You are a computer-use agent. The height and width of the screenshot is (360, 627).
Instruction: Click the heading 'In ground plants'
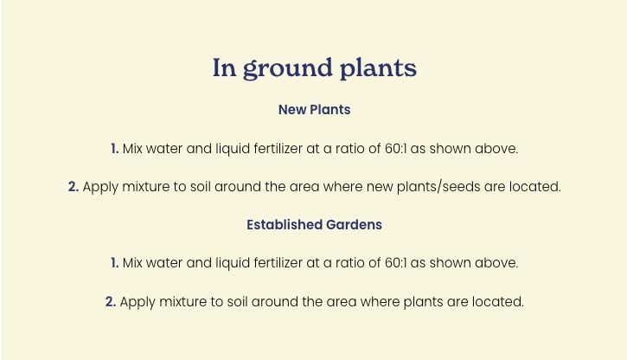(314, 68)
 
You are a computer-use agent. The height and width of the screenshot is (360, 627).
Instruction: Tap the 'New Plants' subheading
(314, 110)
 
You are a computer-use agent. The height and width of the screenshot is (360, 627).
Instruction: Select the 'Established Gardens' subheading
(314, 224)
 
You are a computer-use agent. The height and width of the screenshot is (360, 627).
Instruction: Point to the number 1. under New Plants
(114, 149)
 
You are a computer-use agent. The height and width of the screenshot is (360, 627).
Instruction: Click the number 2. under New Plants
(74, 186)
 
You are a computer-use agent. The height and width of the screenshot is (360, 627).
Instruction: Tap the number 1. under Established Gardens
(114, 262)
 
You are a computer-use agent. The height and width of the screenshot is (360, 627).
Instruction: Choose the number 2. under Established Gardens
(111, 302)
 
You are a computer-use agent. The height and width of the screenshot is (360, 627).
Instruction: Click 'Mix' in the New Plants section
(132, 149)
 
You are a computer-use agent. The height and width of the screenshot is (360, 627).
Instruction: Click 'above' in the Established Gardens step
(498, 262)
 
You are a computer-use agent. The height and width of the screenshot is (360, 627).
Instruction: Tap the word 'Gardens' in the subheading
(354, 224)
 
